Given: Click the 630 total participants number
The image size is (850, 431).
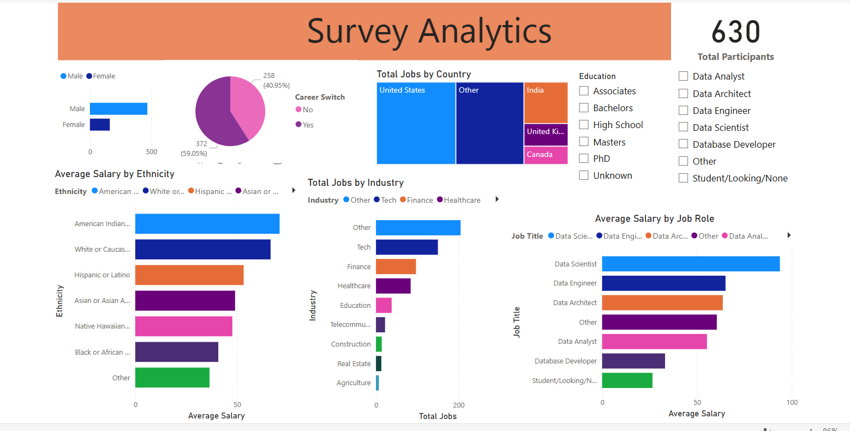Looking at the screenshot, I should click(735, 32).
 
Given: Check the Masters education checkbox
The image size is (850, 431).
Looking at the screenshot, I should click(584, 142).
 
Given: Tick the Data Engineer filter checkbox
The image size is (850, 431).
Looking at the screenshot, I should click(683, 111).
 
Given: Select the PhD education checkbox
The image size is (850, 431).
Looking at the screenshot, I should click(584, 159).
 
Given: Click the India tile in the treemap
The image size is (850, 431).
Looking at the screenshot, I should click(546, 103).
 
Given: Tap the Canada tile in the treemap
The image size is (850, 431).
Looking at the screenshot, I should click(546, 155).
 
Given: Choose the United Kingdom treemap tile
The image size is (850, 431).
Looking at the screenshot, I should click(546, 135).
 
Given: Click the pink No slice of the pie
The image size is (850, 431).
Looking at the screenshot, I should click(248, 106).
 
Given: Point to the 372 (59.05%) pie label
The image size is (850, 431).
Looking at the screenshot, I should click(195, 148).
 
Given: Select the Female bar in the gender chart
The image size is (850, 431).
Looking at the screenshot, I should click(100, 125).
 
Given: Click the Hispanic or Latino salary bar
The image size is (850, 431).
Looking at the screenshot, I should click(189, 275).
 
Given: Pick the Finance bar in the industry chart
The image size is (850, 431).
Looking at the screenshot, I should click(396, 266).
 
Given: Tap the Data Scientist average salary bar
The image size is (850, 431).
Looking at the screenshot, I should click(691, 264).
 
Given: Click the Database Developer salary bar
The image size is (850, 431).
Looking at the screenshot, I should click(633, 361).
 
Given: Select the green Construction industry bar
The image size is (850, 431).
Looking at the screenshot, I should click(379, 344).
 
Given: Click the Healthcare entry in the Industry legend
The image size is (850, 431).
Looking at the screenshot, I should click(462, 200).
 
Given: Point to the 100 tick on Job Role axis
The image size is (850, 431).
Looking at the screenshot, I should click(792, 403).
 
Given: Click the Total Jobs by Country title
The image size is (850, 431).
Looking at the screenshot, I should click(423, 74).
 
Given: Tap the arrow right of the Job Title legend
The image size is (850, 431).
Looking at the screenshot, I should click(789, 235).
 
